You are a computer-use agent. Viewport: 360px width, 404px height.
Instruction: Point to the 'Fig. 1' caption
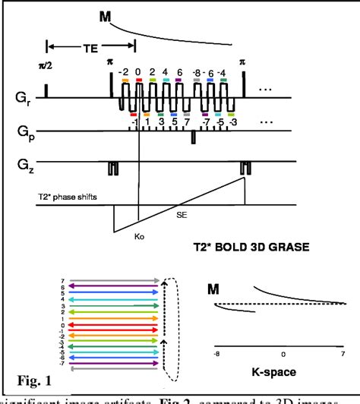coord(38,377)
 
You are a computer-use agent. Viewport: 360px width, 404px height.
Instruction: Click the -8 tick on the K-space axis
coord(217,353)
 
